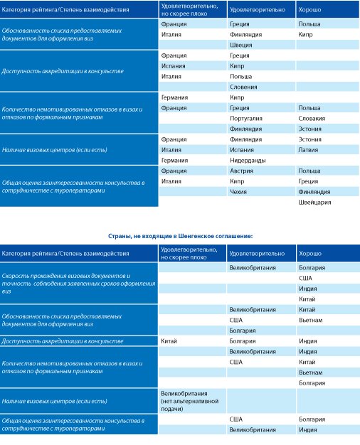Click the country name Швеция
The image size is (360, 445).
[241, 45]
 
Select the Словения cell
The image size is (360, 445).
[243, 87]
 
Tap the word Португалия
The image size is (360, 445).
[246, 119]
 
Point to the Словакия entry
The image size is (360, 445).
[312, 119]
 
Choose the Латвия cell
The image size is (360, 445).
[308, 150]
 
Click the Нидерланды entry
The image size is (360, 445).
[248, 161]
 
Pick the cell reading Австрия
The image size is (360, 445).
[241, 171]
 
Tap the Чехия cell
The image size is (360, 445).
[238, 192]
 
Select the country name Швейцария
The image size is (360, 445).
[314, 203]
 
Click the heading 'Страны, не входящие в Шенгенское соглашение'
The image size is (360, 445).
[180, 236]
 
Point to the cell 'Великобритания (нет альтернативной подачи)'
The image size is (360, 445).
[189, 401]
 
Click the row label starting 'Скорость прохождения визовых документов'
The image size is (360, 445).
[78, 284]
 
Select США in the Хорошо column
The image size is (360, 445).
[305, 278]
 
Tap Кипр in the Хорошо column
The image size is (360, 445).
[305, 35]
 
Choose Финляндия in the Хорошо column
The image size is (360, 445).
[314, 192]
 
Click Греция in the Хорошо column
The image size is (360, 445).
[308, 181]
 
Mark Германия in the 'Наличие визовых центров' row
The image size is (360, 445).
[174, 161]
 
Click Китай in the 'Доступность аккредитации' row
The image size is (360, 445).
[169, 341]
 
